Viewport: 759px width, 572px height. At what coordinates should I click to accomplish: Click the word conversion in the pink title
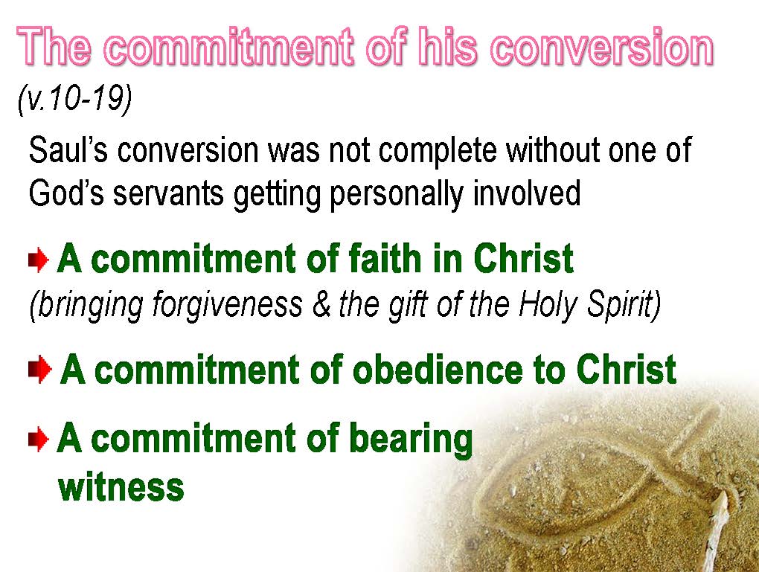[x=602, y=47]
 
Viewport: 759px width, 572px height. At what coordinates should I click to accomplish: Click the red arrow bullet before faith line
[x=39, y=260]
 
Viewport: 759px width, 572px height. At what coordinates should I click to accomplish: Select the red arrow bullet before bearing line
[x=39, y=440]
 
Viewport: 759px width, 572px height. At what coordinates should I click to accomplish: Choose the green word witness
[x=121, y=486]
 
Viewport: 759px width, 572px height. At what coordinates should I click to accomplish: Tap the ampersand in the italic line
[x=321, y=305]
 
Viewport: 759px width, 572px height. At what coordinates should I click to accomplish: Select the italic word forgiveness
[x=228, y=306]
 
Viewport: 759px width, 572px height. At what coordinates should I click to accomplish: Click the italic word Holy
[x=548, y=306]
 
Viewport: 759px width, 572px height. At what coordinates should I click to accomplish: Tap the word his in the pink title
[x=447, y=46]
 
